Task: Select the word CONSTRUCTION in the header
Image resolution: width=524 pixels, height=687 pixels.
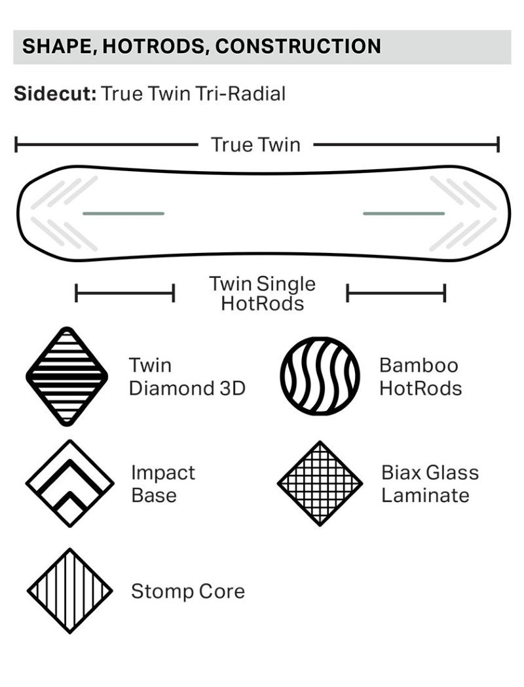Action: (x=298, y=47)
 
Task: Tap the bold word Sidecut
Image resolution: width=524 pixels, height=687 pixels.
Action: (x=55, y=93)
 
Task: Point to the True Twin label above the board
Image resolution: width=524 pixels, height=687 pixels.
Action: (x=255, y=145)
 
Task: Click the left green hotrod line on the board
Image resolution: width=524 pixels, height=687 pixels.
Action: (x=123, y=213)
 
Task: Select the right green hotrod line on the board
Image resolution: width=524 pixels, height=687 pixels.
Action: (x=403, y=213)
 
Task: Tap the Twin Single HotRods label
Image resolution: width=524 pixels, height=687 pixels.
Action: (x=262, y=293)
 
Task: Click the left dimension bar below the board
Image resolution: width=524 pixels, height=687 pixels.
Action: (x=125, y=293)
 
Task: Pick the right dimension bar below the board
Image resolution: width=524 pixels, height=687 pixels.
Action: (x=396, y=293)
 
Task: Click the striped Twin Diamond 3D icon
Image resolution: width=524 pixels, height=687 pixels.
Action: (x=67, y=376)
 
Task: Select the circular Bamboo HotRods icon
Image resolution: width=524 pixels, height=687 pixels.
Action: (x=320, y=376)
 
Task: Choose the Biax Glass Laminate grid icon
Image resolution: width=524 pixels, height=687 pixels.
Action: (x=320, y=484)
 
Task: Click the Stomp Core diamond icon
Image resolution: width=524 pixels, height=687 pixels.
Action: (x=70, y=591)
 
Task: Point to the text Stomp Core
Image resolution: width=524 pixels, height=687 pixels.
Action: (x=188, y=591)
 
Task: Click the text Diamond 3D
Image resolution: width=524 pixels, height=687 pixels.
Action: (x=187, y=388)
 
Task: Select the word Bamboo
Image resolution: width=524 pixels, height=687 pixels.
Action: (x=419, y=365)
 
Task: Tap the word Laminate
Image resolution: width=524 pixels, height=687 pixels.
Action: (x=425, y=495)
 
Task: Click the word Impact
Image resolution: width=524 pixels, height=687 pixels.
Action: (x=163, y=473)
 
